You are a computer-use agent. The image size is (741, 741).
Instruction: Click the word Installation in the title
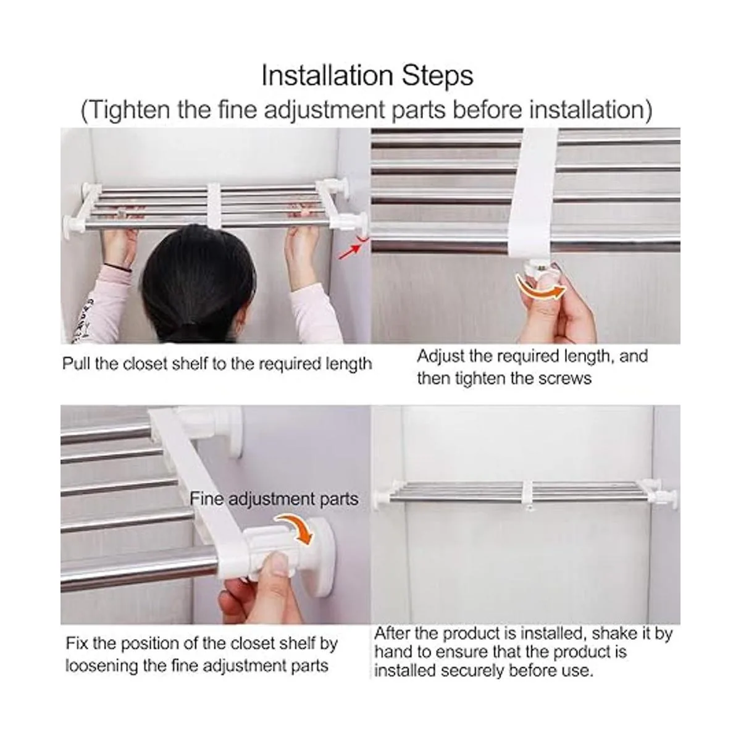(x=327, y=75)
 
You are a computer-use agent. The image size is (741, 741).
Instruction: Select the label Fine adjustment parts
(x=274, y=500)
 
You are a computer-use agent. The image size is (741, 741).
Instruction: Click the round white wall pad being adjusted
(x=320, y=556)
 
